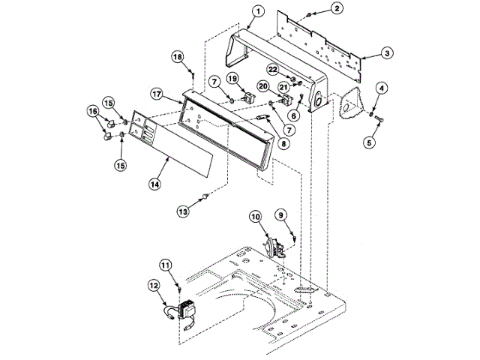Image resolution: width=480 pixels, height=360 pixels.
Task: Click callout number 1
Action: coord(258,11)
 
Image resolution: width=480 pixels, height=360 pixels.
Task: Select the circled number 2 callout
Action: coord(337,8)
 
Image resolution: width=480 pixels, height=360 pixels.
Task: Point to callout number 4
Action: coord(381,89)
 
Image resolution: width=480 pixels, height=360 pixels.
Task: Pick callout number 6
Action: coord(294,116)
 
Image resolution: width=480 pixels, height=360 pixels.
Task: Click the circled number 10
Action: coord(255,218)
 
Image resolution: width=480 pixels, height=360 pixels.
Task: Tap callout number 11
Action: coord(166,263)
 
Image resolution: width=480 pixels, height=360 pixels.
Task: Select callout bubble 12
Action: coord(154,285)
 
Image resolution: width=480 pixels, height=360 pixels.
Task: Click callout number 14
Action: coord(154,182)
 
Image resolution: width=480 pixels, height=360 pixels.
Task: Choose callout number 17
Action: coord(157,94)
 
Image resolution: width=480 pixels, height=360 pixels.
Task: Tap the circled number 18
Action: coord(177,56)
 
